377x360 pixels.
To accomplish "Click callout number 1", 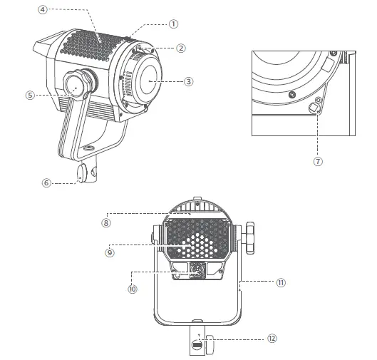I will tap(173, 23).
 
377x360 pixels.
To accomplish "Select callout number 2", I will tap(181, 48).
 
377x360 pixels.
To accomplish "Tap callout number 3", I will tap(188, 81).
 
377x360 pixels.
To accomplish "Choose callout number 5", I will tap(30, 94).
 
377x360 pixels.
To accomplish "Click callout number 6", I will tap(47, 182).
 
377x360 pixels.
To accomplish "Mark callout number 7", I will tap(318, 161).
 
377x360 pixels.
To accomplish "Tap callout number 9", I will tap(110, 251).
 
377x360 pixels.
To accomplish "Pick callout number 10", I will tap(132, 289).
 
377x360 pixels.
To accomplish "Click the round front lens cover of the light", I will tap(150, 80).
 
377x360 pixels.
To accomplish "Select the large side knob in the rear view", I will tap(250, 238).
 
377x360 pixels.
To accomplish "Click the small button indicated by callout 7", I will tap(312, 108).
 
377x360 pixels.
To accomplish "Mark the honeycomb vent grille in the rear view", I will tap(197, 239).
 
